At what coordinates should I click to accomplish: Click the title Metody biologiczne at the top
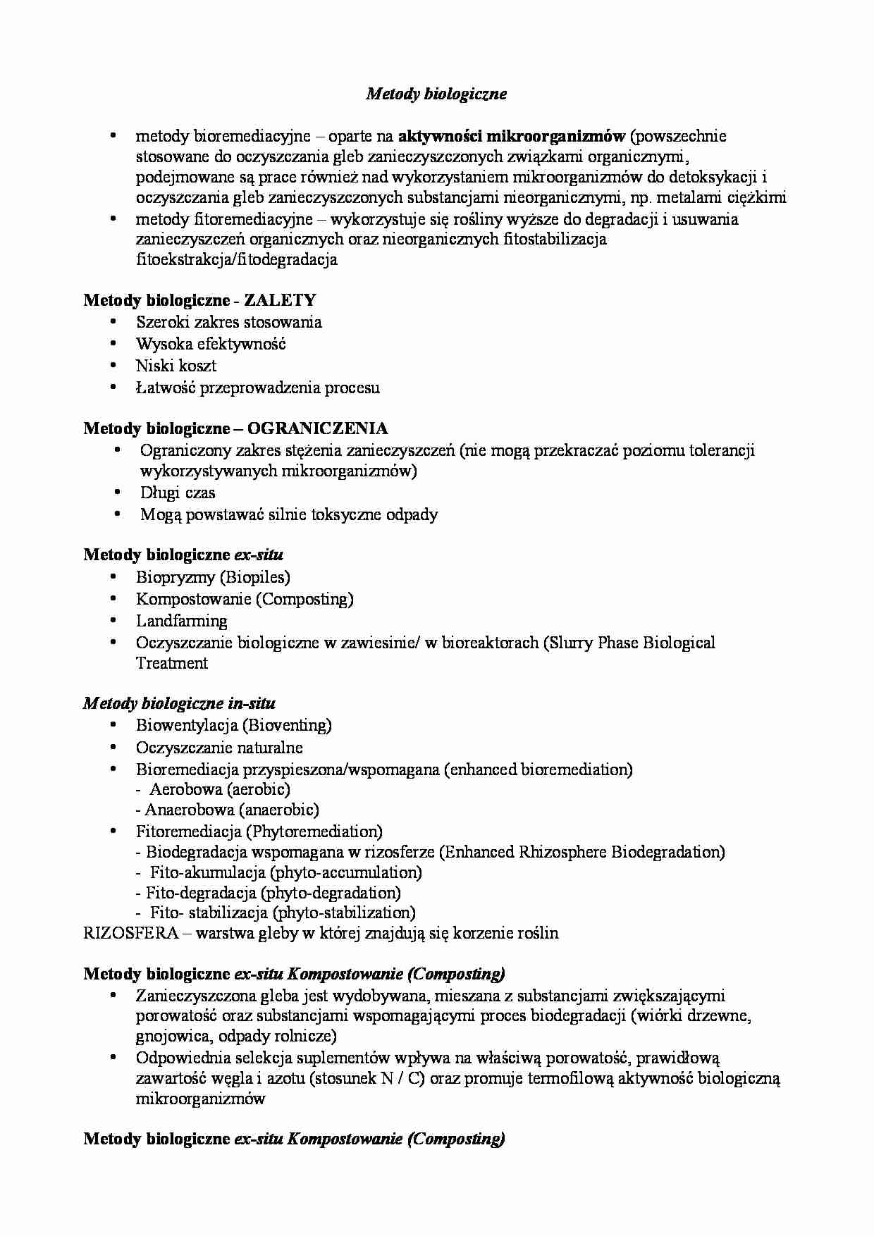tap(436, 94)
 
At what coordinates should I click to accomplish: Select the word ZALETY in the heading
tap(280, 300)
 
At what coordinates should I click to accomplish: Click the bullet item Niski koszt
tap(176, 366)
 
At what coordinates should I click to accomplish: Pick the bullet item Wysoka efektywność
tap(211, 344)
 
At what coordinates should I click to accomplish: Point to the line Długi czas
tap(178, 493)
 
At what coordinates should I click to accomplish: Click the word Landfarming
tap(182, 621)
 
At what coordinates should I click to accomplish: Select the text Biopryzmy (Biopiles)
tap(213, 577)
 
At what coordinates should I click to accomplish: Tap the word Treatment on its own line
tap(172, 663)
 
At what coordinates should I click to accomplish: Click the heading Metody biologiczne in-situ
tap(179, 703)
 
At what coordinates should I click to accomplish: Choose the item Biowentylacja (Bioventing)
tap(233, 725)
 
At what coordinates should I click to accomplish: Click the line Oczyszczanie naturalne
tap(219, 748)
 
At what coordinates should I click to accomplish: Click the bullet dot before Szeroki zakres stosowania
tap(113, 322)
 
